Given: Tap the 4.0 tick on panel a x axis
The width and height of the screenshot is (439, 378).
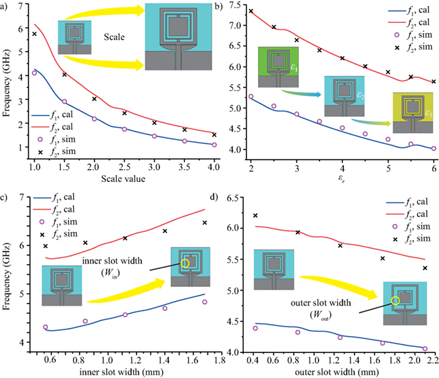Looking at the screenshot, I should click(213, 165).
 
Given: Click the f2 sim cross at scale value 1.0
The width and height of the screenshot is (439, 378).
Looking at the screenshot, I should click(34, 34).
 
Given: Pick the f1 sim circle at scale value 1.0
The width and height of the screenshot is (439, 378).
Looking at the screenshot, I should click(34, 73).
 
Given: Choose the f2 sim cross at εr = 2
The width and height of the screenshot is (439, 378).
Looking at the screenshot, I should click(251, 11).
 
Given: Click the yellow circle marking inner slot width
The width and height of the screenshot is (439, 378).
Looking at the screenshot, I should click(185, 264).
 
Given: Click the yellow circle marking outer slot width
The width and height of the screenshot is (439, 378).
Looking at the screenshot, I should click(396, 300).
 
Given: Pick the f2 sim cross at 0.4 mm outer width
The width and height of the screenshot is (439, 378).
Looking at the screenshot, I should click(255, 216).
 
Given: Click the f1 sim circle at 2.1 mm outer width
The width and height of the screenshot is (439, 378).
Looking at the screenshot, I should click(425, 348).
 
